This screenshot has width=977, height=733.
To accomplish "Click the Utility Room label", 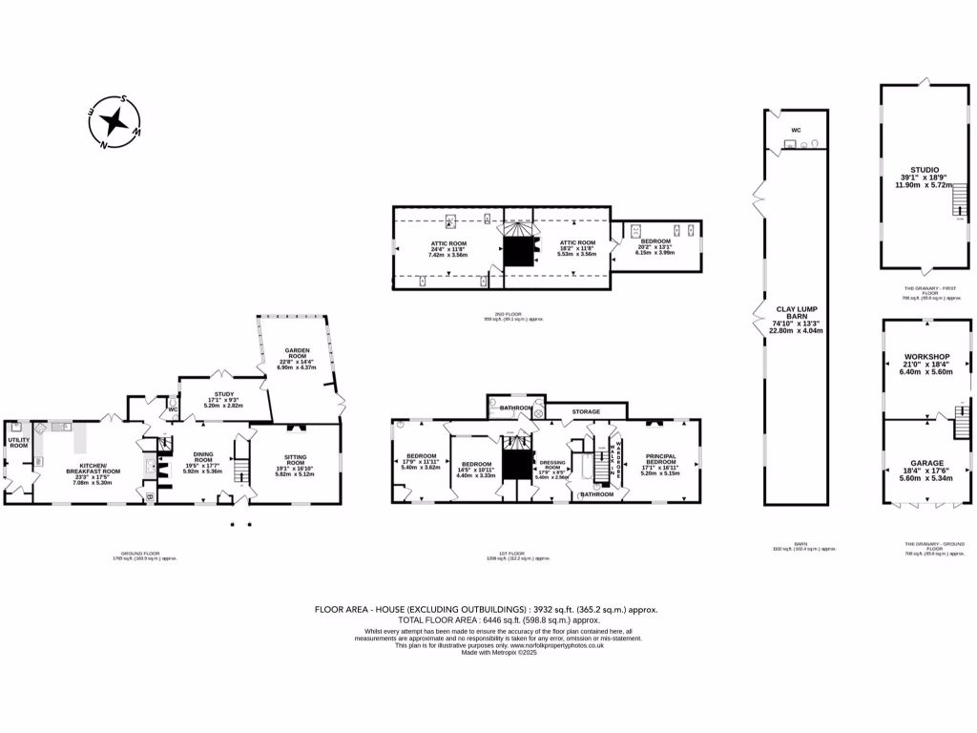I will tap(18, 442).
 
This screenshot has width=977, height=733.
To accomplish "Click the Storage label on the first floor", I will tap(586, 411).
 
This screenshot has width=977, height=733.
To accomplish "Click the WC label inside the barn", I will tap(796, 130).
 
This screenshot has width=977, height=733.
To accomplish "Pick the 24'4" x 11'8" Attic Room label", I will tap(447, 249).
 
